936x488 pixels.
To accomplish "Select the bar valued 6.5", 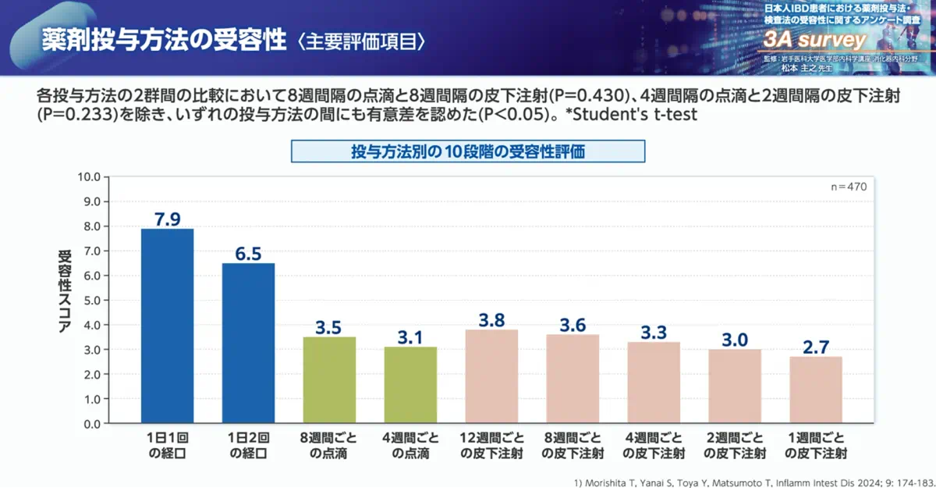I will [x=248, y=343].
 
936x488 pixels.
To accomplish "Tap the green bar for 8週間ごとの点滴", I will [x=329, y=380].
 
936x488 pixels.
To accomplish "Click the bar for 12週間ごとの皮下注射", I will [x=491, y=376].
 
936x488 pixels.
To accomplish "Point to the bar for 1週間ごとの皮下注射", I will [x=816, y=390].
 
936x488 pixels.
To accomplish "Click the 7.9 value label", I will [x=167, y=218].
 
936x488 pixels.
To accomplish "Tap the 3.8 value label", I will [x=491, y=319].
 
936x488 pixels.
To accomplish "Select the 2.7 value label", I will [x=816, y=347].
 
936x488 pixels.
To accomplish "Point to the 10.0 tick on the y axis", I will [x=88, y=176].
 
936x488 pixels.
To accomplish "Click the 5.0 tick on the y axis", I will [x=90, y=300].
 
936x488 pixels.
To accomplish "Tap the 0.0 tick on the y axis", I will [x=90, y=424].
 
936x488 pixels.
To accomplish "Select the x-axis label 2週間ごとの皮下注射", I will [x=735, y=445].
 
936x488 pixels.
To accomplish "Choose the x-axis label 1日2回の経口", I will [x=248, y=445].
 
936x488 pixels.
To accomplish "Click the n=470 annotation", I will [x=849, y=187].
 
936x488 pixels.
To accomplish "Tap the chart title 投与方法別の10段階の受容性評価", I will [x=468, y=151].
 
